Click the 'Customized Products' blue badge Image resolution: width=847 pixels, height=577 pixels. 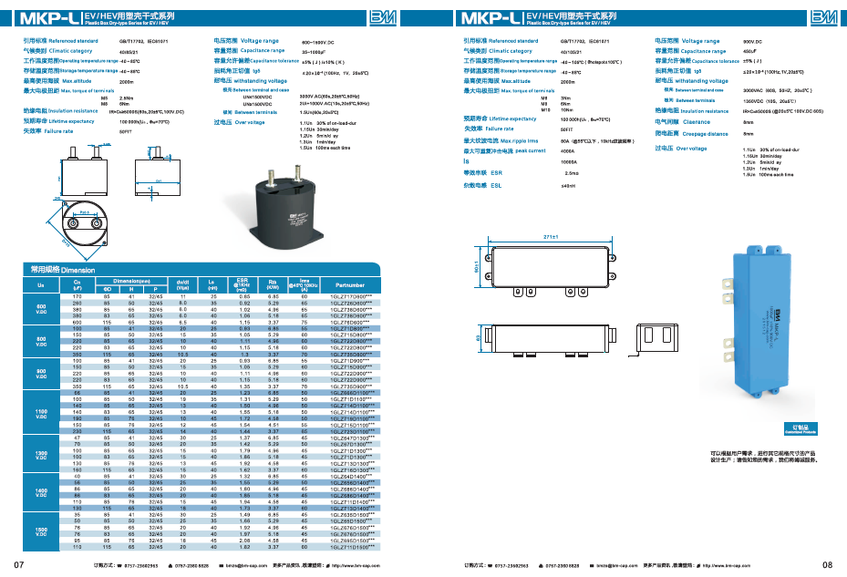[774, 426]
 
